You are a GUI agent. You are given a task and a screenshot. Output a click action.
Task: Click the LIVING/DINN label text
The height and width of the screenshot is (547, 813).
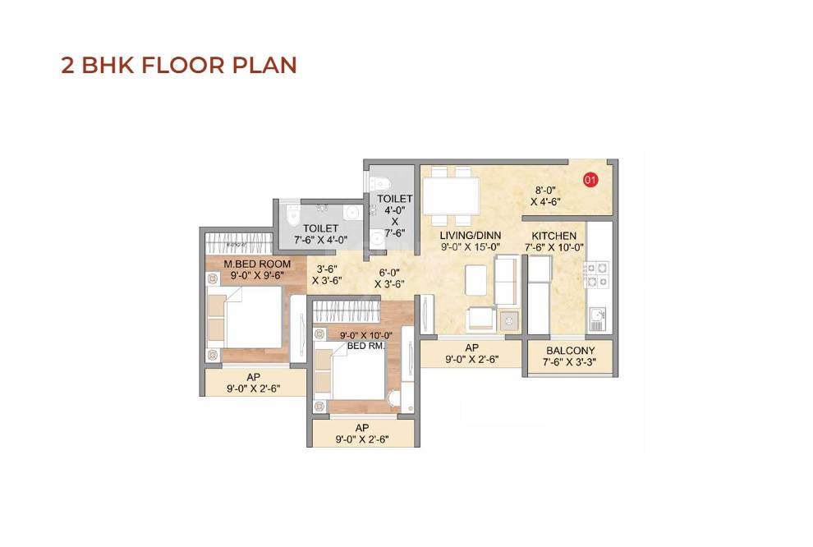(471, 236)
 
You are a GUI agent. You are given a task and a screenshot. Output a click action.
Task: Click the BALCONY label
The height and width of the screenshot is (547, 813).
(570, 351)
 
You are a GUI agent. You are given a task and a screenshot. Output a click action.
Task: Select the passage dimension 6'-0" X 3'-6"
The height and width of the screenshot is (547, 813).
(392, 278)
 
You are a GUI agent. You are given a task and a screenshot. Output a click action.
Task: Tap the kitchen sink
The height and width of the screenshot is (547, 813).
(597, 316)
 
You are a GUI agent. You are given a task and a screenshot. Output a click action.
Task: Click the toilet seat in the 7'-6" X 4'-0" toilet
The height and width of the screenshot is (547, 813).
(292, 214)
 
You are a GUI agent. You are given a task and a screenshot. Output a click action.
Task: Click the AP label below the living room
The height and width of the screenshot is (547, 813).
(471, 347)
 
